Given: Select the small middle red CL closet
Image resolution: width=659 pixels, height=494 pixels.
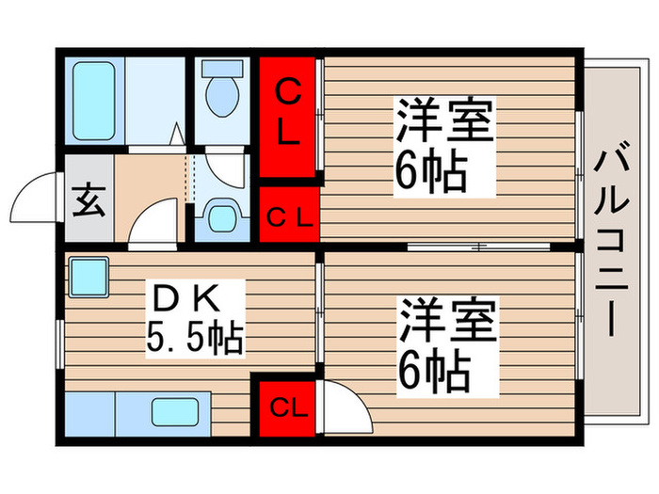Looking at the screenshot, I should tap(288, 217).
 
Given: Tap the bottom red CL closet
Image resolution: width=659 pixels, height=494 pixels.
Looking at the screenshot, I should tap(287, 407).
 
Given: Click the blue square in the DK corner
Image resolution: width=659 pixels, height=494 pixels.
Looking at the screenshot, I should tap(88, 276).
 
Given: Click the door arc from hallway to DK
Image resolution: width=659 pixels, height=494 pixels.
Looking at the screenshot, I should tap(153, 227).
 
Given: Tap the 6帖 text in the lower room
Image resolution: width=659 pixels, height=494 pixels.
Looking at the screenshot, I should tap(432, 372).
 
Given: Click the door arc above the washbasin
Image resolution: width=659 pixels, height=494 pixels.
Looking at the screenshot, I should tap(224, 168).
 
